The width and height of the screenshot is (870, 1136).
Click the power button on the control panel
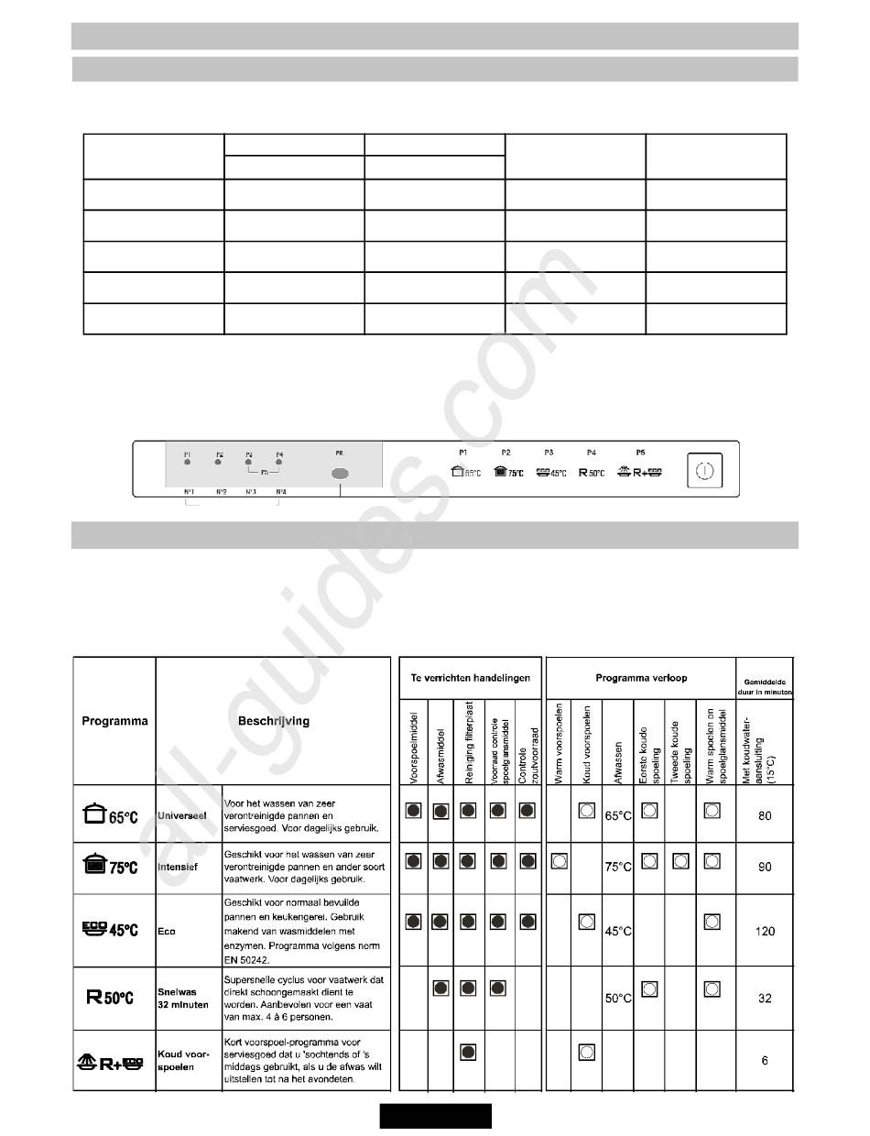[702, 472]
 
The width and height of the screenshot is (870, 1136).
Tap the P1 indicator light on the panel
[188, 463]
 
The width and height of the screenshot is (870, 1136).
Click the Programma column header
[114, 721]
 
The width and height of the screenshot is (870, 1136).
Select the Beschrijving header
[272, 721]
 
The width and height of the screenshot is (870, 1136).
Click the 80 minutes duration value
[765, 814]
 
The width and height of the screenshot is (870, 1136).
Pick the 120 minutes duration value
[765, 931]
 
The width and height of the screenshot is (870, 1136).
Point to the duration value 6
[765, 1062]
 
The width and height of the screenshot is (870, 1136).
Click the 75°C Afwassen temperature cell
[618, 867]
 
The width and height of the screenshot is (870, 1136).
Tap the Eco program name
[167, 931]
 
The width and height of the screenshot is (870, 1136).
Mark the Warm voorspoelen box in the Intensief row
[558, 860]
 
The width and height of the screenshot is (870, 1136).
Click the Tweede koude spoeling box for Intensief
[680, 860]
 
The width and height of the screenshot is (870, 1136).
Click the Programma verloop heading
[640, 678]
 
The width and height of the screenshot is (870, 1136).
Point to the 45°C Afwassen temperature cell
[618, 931]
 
